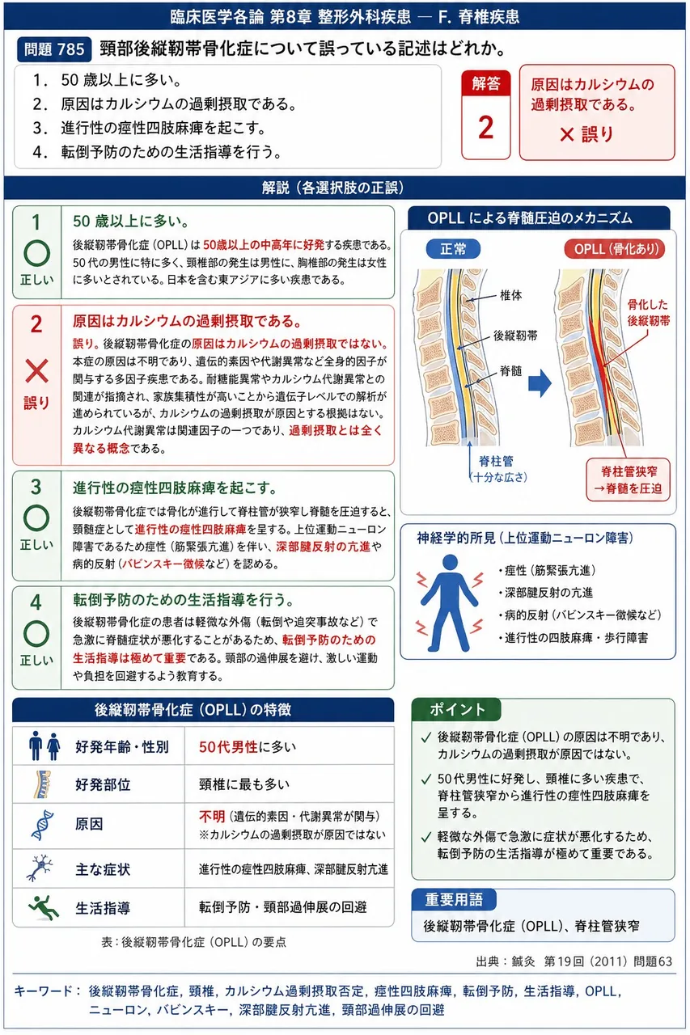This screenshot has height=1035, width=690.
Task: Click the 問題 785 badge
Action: tap(54, 49)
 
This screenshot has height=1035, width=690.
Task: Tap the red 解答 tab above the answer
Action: tap(485, 83)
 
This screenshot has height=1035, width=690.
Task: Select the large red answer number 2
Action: tap(485, 128)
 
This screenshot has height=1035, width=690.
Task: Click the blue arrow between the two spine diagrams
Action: tap(540, 383)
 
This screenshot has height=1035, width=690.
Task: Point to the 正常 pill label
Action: tap(453, 249)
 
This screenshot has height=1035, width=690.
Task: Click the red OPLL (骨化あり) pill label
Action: tap(615, 249)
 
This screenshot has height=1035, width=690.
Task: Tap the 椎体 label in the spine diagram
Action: tap(510, 295)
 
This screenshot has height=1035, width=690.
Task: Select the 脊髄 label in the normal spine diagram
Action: tap(510, 370)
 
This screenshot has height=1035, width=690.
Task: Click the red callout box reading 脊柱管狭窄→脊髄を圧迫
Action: tap(628, 479)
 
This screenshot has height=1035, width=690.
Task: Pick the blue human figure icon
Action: tap(450, 602)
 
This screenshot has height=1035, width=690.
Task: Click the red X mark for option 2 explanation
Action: tap(36, 371)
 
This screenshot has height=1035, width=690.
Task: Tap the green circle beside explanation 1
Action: tap(36, 253)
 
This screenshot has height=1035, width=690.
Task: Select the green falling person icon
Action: tap(44, 907)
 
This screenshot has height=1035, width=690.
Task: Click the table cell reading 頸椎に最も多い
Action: tap(244, 784)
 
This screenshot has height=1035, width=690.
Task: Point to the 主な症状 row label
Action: tap(103, 869)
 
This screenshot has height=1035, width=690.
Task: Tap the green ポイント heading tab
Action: tap(456, 709)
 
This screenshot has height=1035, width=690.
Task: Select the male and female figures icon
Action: tap(44, 746)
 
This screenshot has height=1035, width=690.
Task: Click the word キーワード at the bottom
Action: tap(43, 991)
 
